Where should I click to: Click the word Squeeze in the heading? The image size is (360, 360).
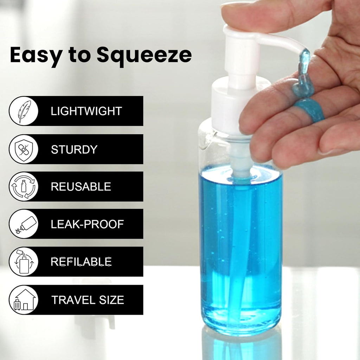pyautogui.click(x=144, y=55)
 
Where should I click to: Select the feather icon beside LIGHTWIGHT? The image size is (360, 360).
pyautogui.click(x=24, y=111)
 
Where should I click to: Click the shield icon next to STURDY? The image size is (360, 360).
pyautogui.click(x=24, y=149)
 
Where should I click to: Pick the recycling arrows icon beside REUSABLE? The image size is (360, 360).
pyautogui.click(x=24, y=186)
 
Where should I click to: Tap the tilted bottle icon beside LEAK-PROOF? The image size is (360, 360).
pyautogui.click(x=24, y=224)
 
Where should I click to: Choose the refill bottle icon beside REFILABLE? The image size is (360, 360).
pyautogui.click(x=24, y=262)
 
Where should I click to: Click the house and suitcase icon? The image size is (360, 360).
pyautogui.click(x=24, y=300)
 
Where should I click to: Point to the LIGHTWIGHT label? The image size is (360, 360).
pyautogui.click(x=86, y=111)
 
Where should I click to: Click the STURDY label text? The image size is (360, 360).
pyautogui.click(x=74, y=149)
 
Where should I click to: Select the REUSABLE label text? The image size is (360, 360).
pyautogui.click(x=81, y=187)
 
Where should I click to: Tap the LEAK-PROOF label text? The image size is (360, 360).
pyautogui.click(x=87, y=224)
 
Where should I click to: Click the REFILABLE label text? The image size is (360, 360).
pyautogui.click(x=81, y=262)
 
